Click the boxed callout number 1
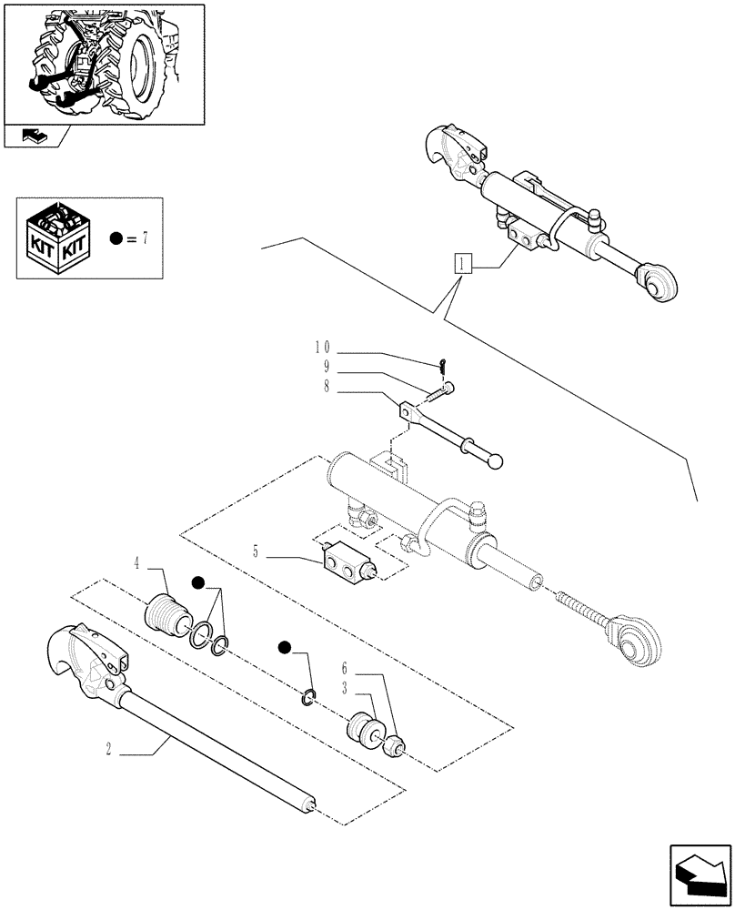(x=464, y=265)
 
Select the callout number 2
(x=108, y=750)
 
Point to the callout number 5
(x=256, y=550)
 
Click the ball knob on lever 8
(x=494, y=461)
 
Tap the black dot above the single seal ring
(x=286, y=648)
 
